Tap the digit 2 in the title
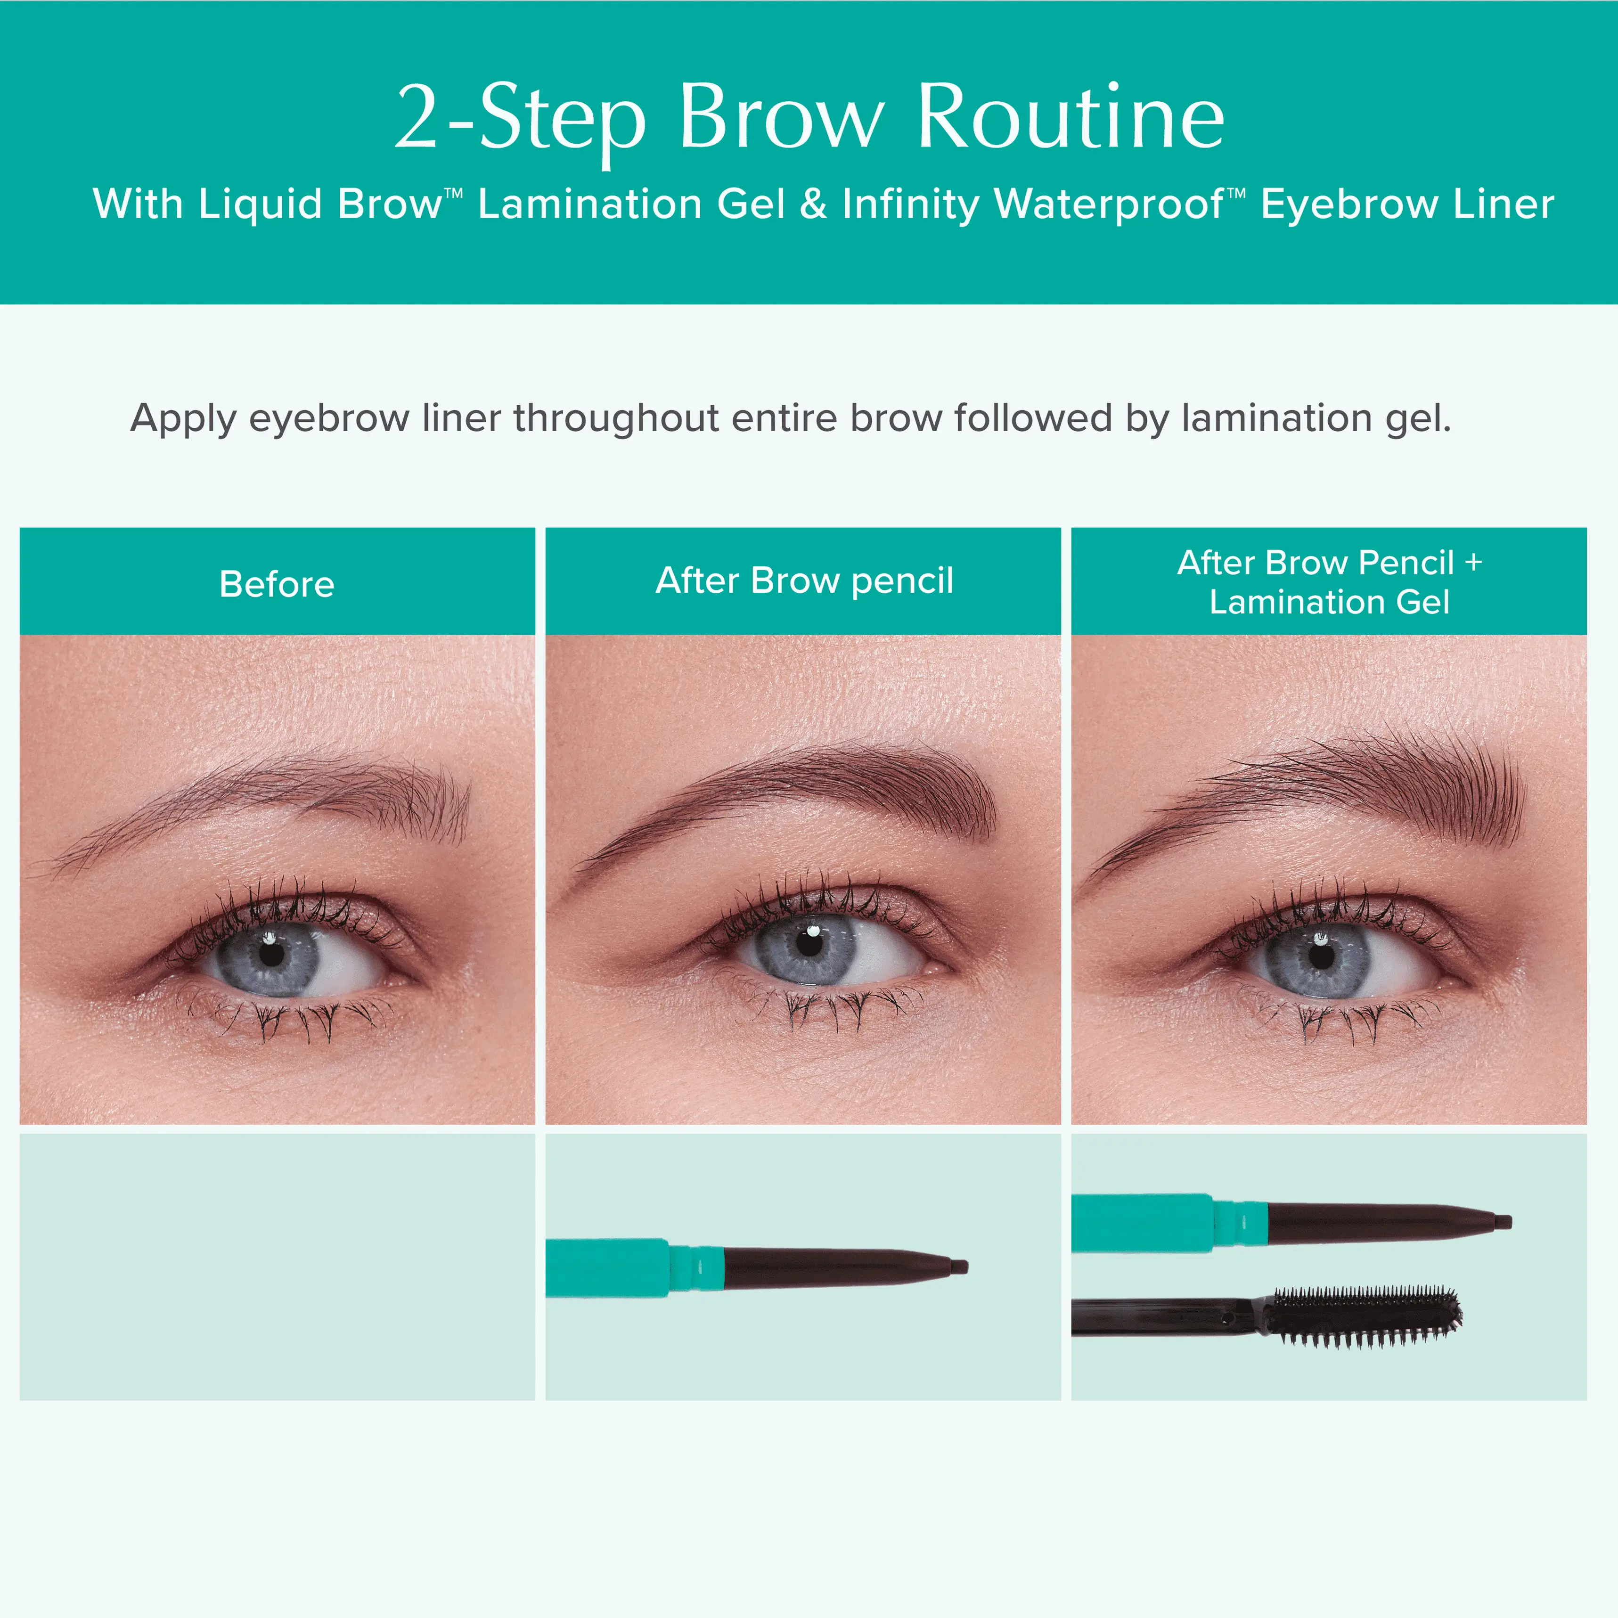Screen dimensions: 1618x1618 (x=417, y=117)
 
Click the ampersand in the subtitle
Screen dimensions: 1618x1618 (x=813, y=204)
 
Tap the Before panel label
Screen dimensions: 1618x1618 (x=277, y=584)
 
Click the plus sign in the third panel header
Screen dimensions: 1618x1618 (x=1473, y=562)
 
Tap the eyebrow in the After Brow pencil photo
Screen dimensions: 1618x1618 (x=787, y=796)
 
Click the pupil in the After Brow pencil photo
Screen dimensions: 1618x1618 (x=809, y=943)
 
